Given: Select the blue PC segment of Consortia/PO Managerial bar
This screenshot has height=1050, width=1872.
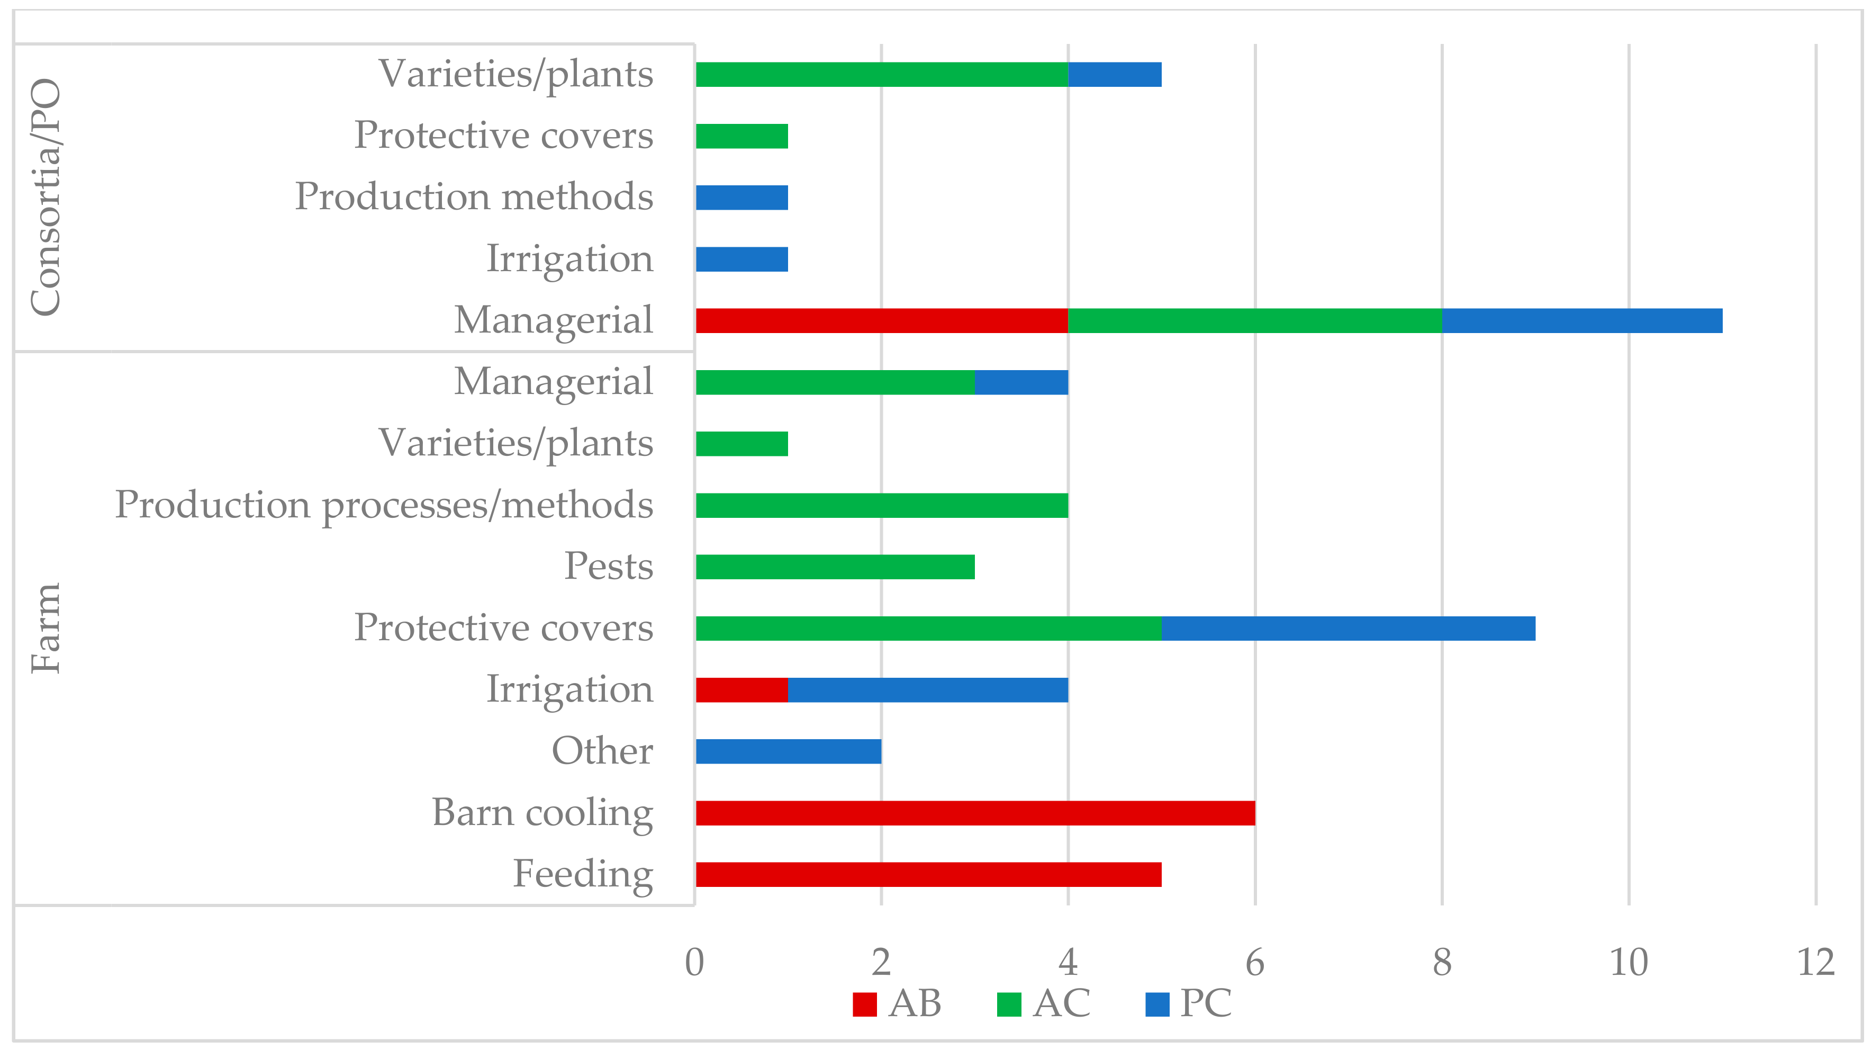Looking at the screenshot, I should [1582, 321].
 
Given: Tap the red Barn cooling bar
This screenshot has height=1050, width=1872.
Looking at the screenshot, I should [974, 813].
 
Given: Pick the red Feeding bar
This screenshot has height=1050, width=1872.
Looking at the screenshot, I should [928, 874].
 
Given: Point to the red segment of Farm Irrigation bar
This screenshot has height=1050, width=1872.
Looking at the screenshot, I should [742, 689].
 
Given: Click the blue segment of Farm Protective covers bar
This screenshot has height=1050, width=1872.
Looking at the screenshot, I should [1348, 629].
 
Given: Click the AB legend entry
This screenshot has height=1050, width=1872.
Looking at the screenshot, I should [898, 1004].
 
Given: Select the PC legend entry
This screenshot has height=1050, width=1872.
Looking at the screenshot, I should [1188, 1004].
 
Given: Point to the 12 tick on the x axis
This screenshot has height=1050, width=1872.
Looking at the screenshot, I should [1815, 963].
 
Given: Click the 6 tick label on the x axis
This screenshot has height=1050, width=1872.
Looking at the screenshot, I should [1255, 963].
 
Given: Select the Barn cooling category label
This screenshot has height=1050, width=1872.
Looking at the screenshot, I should [542, 813].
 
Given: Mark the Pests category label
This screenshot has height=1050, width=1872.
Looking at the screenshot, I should [608, 567].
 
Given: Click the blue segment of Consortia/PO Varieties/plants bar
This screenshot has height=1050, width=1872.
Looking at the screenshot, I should [1114, 75].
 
